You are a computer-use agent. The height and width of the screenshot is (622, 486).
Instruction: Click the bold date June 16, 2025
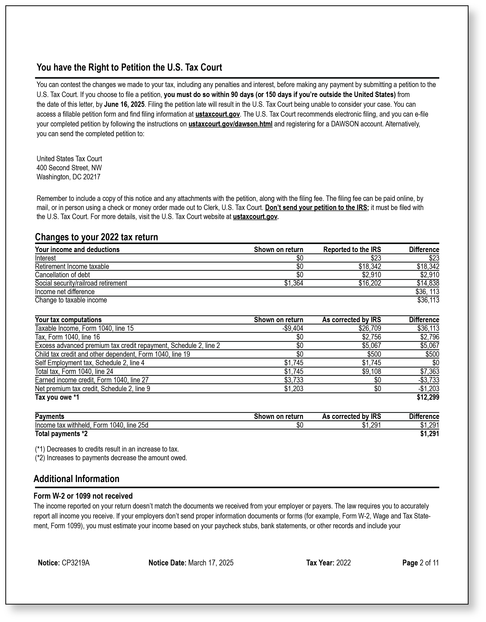tap(124, 104)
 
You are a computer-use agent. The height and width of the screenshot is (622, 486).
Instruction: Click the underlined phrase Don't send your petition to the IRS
tap(316, 208)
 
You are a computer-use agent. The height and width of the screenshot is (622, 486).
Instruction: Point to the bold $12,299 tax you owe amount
tap(428, 397)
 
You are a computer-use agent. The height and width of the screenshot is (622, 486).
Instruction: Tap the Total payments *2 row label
tap(61, 434)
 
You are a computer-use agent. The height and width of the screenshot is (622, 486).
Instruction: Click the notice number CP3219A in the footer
tap(75, 563)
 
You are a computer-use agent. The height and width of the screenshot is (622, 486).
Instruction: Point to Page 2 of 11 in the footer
tap(421, 563)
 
